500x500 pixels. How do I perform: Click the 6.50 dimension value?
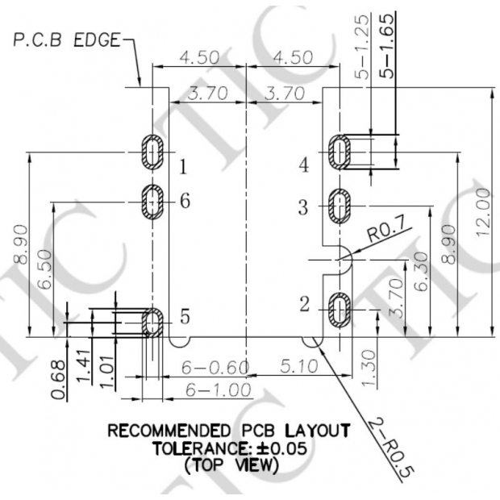(44, 272)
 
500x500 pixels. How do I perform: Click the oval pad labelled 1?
(152, 152)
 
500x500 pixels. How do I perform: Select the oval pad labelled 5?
(151, 322)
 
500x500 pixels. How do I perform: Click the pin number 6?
(185, 201)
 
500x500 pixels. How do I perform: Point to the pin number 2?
(304, 304)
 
